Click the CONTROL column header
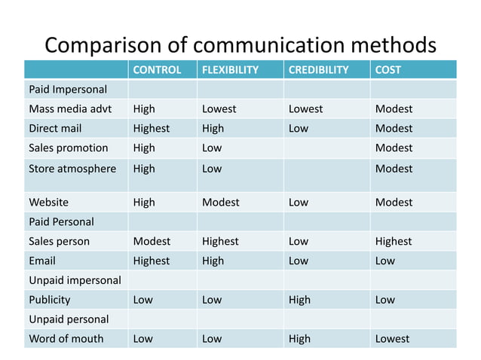point(157,70)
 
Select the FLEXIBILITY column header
point(230,70)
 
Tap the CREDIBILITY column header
point(318,70)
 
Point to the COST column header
point(388,70)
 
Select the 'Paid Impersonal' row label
point(68,90)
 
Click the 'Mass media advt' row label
point(70,108)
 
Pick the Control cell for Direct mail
point(151,128)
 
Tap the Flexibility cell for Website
point(220,202)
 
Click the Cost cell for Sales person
point(394,241)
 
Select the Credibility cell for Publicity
point(299,300)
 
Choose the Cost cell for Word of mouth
point(392,338)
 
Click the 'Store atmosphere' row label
point(72,169)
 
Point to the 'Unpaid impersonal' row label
point(75,280)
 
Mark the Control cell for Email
point(151,261)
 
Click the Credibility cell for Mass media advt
point(305,108)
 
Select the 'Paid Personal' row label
point(61,221)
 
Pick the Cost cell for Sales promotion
point(394,148)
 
